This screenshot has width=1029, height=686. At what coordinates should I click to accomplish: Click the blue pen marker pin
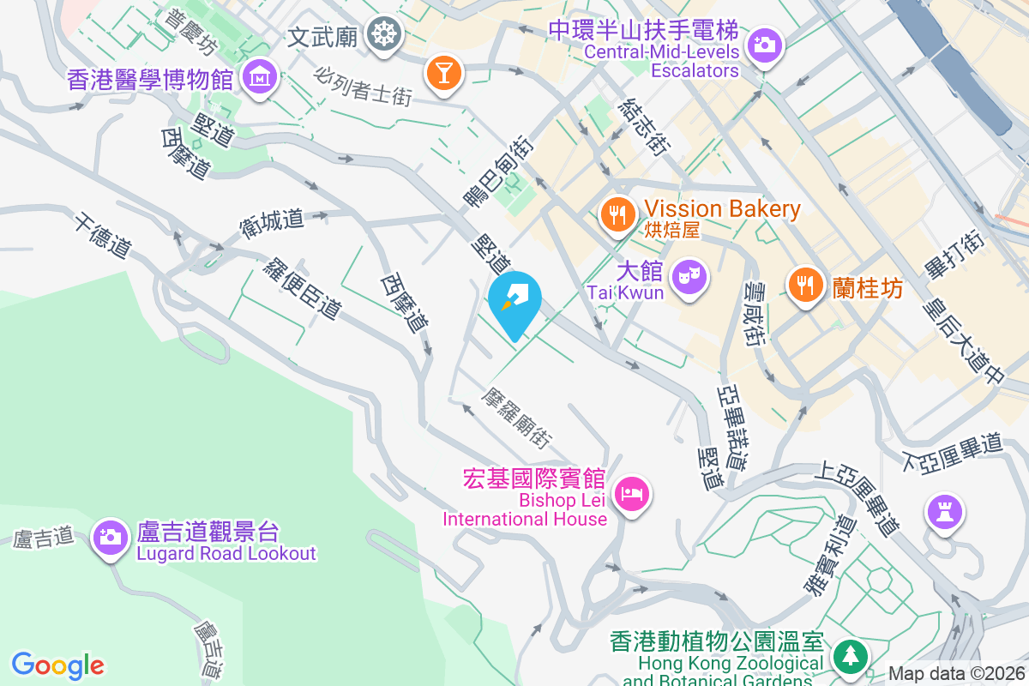click(514, 302)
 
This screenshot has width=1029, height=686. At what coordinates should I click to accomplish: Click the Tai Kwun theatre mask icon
click(689, 276)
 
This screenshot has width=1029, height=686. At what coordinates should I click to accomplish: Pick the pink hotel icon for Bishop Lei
click(633, 494)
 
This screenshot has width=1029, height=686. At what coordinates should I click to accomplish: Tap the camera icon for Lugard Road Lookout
click(110, 538)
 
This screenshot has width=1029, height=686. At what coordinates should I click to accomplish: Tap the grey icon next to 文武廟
click(382, 33)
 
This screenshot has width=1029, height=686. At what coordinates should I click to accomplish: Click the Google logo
click(58, 665)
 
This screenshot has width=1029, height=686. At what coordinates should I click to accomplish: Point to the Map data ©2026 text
click(955, 674)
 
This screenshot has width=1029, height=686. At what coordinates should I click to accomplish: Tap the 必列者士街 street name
click(364, 87)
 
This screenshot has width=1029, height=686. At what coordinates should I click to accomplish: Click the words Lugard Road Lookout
click(226, 553)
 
